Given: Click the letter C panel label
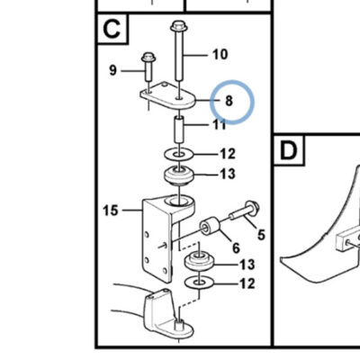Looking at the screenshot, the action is point(112,29).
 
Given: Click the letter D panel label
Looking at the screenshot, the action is point(288,150).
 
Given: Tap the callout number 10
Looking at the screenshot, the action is point(220,55).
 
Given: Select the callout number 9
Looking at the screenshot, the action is point(112,70).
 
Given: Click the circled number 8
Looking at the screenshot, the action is point(229,101).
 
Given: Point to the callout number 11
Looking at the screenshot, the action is point(220,124).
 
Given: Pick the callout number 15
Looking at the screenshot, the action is point(111,211).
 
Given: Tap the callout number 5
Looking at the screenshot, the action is point(261,235).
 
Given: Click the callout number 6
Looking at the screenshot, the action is point(236,248).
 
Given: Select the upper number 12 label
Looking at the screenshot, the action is point(228,154).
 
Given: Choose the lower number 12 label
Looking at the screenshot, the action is point(247,283).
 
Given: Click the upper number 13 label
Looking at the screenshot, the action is point(228,174).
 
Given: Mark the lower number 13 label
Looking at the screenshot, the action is point(247,265).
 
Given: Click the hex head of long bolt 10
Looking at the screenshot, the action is point(179,26).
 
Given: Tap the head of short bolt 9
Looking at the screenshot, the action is point(148,57).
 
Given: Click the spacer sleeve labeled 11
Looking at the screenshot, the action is point(179,130).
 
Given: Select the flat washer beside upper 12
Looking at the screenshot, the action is point(179,155).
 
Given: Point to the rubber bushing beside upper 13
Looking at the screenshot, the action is point(179,175).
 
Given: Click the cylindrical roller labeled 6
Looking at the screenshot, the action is point(210,227).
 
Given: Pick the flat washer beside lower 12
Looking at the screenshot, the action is point(199,283).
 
